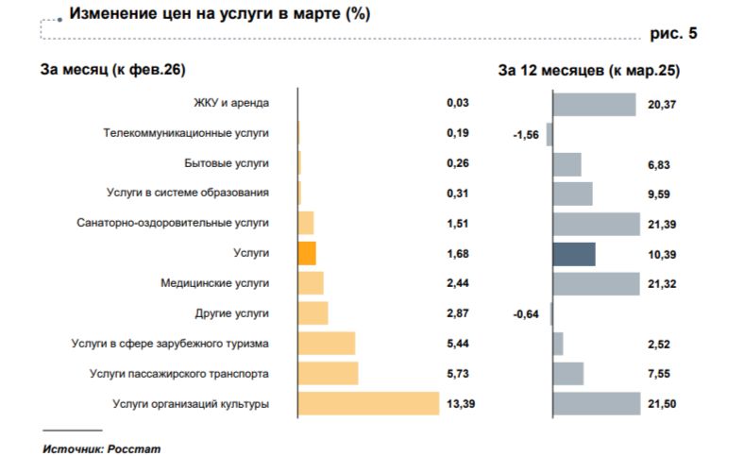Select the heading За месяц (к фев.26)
point(112,70)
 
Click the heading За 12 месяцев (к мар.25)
point(589,70)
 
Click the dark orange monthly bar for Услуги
point(307,253)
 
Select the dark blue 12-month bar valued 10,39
point(574,254)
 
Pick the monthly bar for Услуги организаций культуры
point(369,404)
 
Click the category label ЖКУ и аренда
point(230,103)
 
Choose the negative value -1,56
point(525,135)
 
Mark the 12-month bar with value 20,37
point(594,104)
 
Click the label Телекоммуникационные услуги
point(186,133)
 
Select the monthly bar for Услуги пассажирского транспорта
point(329,374)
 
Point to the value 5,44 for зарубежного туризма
point(457,344)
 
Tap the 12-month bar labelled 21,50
point(597,404)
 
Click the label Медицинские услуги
point(216,283)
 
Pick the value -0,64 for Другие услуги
point(525,314)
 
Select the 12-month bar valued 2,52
point(558,344)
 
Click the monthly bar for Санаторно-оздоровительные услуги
point(306,223)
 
